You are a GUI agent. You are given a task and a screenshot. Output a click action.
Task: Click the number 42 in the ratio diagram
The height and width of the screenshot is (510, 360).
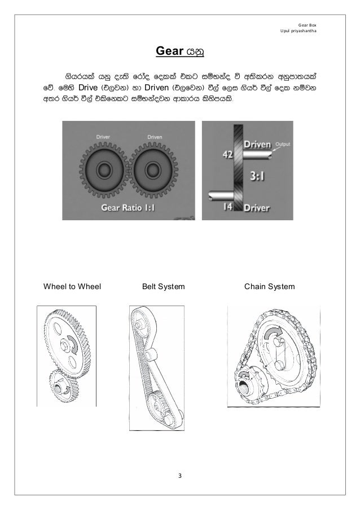point(226,154)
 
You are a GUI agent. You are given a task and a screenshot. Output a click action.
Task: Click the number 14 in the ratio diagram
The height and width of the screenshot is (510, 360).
point(226,207)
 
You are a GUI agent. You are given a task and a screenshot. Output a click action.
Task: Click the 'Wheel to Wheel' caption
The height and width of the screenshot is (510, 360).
point(72,287)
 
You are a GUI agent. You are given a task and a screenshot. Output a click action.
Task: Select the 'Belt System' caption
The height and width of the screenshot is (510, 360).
point(163,287)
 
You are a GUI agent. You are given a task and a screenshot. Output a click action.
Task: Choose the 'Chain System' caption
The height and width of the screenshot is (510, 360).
point(269,287)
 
